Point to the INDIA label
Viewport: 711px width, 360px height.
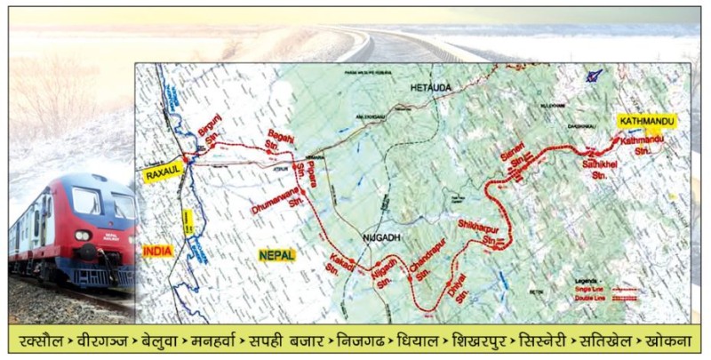[x=156, y=252]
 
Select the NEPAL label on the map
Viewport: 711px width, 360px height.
[x=276, y=255]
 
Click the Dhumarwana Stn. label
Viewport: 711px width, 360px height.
[x=278, y=205]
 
